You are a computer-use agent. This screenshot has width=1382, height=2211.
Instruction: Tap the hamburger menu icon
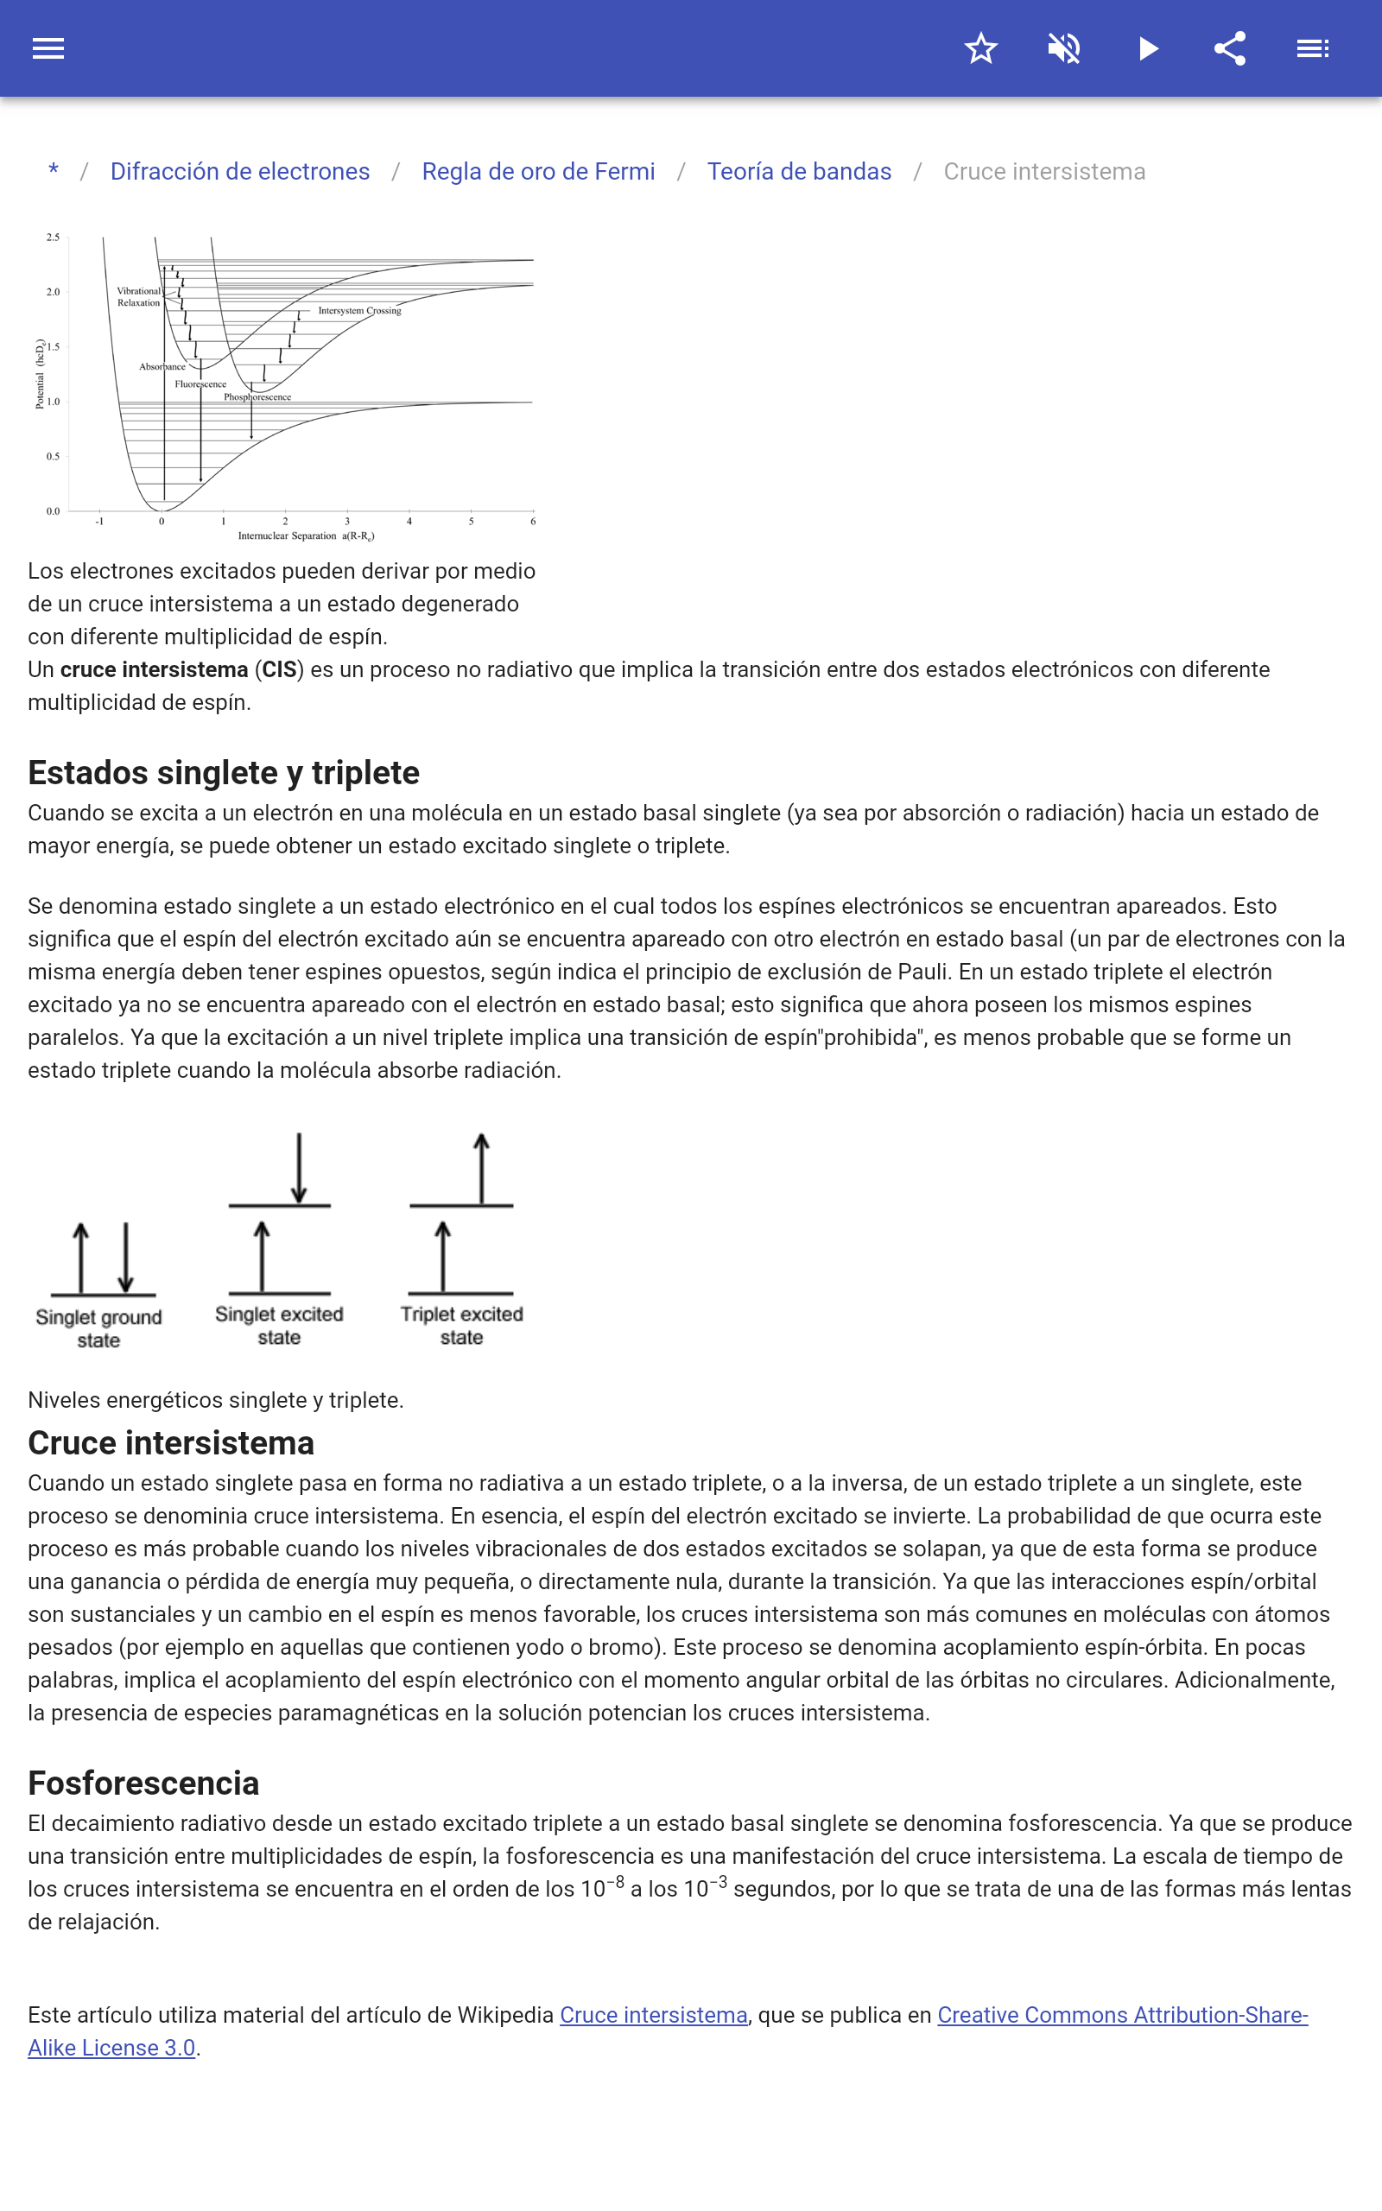[x=48, y=48]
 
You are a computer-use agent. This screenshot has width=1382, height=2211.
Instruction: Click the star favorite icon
[x=980, y=48]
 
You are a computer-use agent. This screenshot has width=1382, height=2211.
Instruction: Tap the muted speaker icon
[x=1064, y=48]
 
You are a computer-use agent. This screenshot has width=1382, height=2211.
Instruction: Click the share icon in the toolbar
[x=1230, y=48]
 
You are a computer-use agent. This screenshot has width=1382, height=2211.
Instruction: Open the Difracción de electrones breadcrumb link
[x=239, y=172]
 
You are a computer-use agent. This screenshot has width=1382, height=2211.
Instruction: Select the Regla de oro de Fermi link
[x=538, y=172]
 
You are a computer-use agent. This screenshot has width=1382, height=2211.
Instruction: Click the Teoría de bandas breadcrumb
[x=799, y=172]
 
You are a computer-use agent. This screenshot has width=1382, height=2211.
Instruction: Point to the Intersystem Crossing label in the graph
[x=359, y=311]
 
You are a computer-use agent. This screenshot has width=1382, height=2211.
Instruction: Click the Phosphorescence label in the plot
[x=257, y=397]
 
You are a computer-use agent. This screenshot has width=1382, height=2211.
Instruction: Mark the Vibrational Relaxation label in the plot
[x=139, y=297]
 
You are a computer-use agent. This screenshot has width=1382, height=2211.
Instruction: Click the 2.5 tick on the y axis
[x=53, y=238]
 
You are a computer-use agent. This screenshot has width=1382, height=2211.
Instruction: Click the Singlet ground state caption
[x=98, y=1328]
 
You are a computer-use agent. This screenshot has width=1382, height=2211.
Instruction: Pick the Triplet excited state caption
[x=461, y=1326]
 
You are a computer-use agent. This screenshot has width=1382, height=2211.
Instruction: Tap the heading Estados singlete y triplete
[x=224, y=773]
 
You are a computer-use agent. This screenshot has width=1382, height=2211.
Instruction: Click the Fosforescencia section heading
[x=143, y=1783]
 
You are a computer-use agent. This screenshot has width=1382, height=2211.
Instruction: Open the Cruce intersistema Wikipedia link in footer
[x=654, y=2015]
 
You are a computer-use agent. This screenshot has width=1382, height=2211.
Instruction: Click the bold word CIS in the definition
[x=279, y=669]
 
